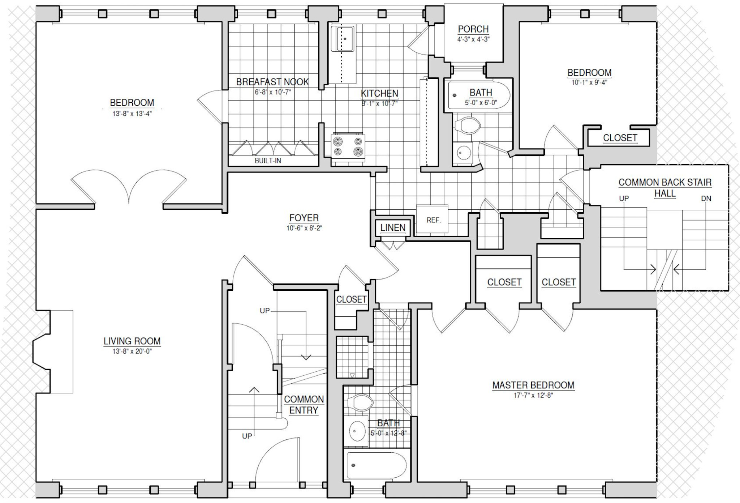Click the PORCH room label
point(473,29)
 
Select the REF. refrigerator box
point(433,219)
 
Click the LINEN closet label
point(393,228)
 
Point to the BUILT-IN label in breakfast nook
point(268,161)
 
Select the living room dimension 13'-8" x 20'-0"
point(132,351)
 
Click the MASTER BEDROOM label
point(533,385)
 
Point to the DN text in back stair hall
point(706,199)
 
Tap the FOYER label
point(304,218)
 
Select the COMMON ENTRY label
point(304,405)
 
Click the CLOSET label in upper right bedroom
point(620,138)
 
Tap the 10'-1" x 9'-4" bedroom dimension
point(589,82)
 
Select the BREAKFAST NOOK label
point(272,82)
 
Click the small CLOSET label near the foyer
point(351,299)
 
